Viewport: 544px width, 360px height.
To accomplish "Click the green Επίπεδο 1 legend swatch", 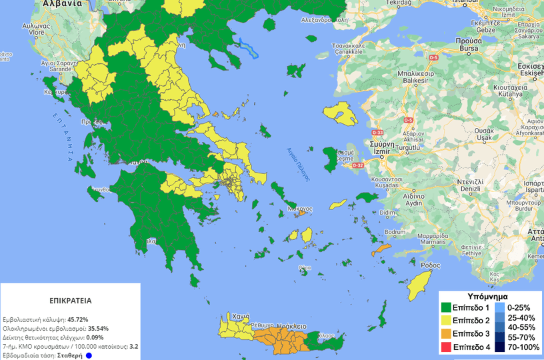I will tap(447, 308).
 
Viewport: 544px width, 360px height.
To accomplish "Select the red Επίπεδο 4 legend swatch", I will tap(447, 347).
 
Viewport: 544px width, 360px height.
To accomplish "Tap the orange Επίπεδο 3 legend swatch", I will tap(447, 334).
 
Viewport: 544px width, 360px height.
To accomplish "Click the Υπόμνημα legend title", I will tap(489, 295).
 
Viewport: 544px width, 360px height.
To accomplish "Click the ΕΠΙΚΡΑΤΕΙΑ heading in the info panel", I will tap(70, 301).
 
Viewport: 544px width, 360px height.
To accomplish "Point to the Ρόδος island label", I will tap(430, 265).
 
